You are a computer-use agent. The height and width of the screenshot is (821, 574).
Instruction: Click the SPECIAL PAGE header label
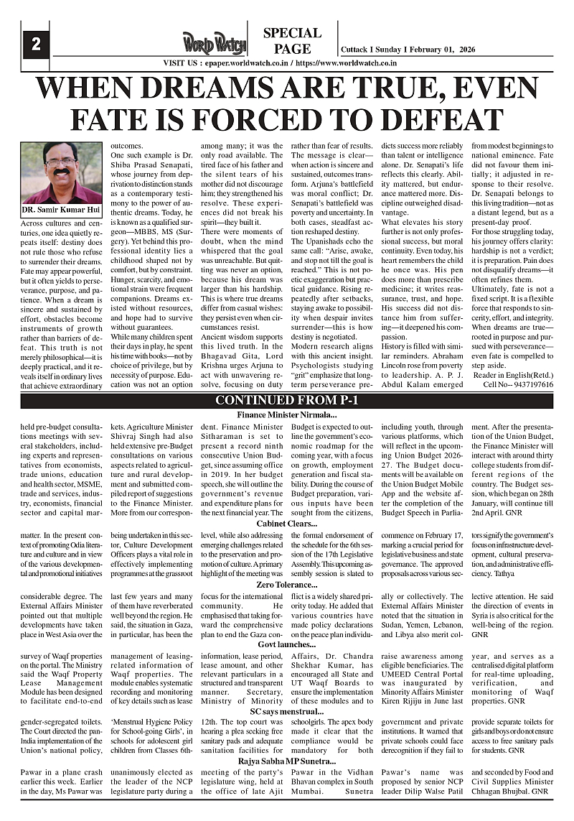click(x=292, y=41)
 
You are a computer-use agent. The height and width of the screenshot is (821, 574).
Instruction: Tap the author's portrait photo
click(x=61, y=173)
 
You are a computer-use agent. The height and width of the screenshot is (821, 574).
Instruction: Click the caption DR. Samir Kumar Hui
click(x=61, y=210)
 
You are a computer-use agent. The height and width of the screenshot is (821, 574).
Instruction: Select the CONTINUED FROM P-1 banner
click(x=287, y=401)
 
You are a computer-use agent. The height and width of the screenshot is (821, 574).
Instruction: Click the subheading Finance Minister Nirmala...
click(x=287, y=415)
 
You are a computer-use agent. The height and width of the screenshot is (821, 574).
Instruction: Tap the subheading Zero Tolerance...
click(x=287, y=585)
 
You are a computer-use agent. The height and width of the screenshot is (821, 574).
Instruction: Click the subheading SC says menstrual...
click(x=287, y=710)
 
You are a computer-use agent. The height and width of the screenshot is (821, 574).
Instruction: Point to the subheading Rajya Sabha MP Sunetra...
click(x=287, y=760)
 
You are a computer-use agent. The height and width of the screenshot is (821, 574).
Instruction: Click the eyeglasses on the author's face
click(x=60, y=163)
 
